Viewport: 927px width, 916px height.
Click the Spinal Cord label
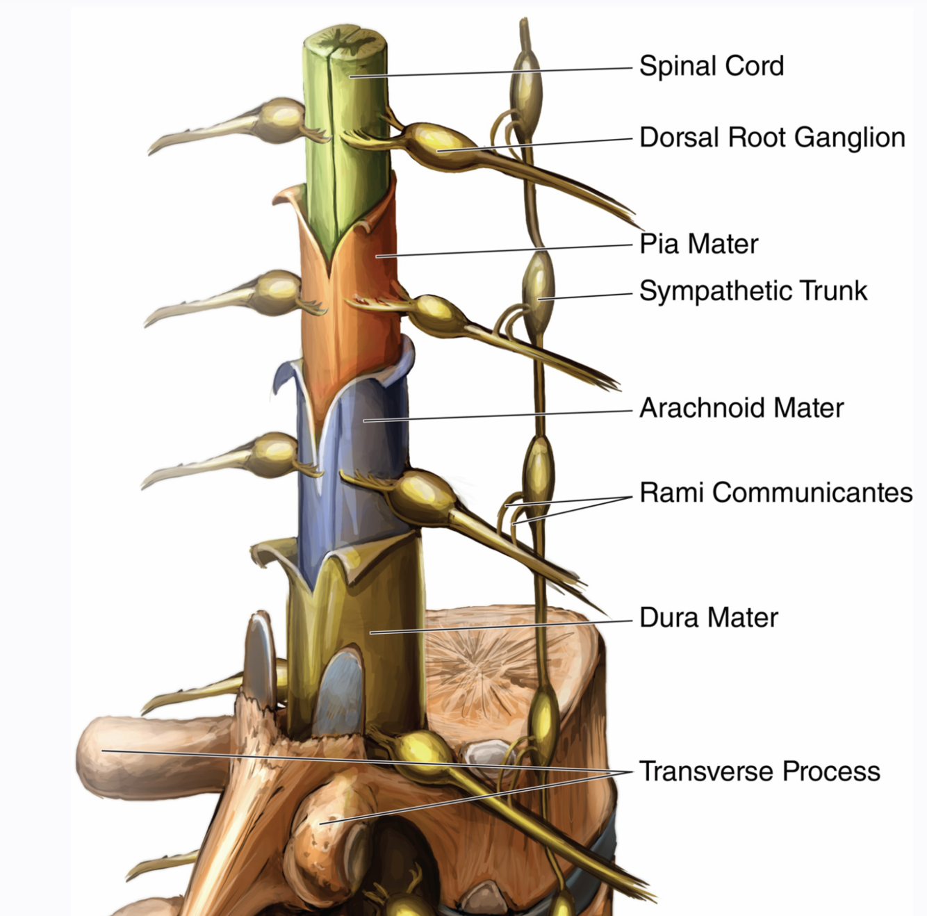711,66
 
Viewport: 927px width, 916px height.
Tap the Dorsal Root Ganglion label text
771,138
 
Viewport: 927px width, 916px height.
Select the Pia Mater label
698,244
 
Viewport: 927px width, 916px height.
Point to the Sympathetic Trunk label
753,291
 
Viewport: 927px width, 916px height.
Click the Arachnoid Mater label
741,408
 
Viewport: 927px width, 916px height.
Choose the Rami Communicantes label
776,492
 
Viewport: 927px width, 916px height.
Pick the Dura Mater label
708,617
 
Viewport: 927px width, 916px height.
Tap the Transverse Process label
759,771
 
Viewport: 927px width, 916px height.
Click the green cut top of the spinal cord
345,44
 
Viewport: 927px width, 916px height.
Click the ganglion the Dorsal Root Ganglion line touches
434,142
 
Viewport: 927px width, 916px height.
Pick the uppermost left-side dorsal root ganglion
278,118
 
